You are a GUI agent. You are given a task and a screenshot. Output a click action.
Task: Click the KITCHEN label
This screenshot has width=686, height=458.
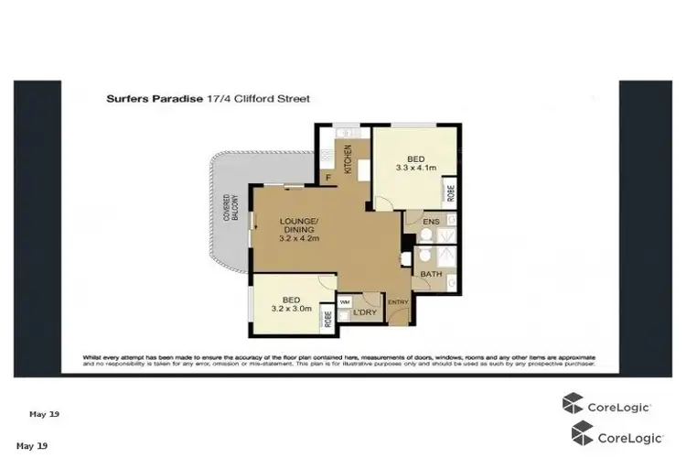coord(348,158)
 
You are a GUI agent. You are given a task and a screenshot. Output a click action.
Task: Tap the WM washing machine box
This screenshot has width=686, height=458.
coord(345,300)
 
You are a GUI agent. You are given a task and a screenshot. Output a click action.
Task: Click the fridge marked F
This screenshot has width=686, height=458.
coord(327,178)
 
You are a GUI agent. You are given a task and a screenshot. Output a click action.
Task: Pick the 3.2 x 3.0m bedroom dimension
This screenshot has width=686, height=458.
coord(292,310)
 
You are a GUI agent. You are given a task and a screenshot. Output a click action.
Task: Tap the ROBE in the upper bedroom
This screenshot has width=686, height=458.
coord(450,192)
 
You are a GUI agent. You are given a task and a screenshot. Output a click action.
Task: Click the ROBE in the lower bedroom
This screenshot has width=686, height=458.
coord(327,318)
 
